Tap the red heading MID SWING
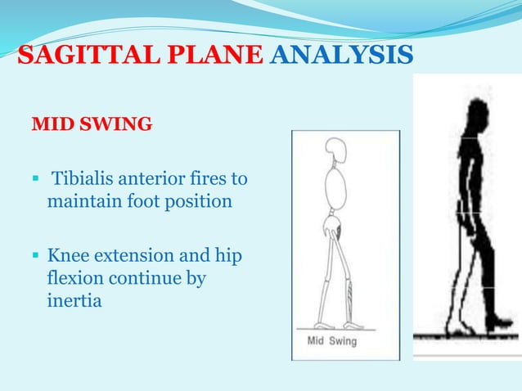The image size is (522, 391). (92, 125)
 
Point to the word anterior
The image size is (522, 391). (153, 178)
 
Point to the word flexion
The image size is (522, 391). (74, 278)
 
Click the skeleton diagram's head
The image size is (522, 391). (336, 151)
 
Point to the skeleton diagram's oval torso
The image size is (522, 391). (335, 191)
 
